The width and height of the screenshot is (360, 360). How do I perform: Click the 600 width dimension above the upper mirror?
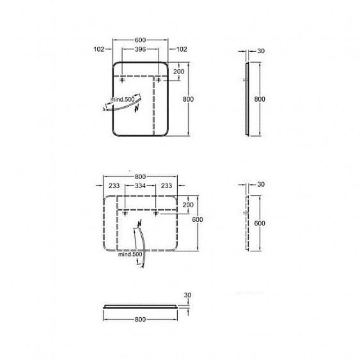click(x=140, y=40)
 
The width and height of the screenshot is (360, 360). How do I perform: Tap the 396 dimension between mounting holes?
click(x=140, y=49)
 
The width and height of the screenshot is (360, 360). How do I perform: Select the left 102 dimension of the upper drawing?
click(x=99, y=49)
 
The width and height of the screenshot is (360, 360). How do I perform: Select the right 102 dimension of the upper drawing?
click(x=182, y=49)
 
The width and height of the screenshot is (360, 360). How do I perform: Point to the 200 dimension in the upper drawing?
click(x=179, y=72)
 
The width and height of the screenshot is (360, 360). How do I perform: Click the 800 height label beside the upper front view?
click(x=188, y=99)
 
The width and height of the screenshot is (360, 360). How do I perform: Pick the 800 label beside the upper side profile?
click(x=260, y=99)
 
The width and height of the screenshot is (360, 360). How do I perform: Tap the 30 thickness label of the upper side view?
click(x=261, y=51)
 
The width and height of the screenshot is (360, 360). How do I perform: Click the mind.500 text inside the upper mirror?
click(x=122, y=99)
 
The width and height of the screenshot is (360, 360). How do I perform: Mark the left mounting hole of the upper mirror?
click(x=122, y=80)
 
